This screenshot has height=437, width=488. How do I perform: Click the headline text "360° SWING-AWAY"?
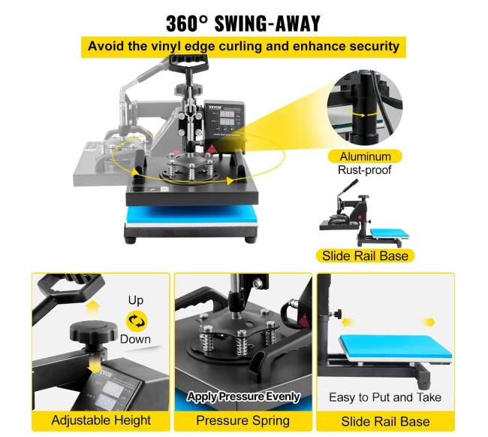point(243,23)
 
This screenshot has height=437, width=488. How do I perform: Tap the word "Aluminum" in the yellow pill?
point(365,156)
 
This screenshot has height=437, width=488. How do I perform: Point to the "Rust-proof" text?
point(364,170)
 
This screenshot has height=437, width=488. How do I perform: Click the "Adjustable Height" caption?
point(101,420)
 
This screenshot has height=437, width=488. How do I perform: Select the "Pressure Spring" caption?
point(242,420)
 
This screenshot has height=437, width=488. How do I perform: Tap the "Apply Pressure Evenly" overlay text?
point(243,396)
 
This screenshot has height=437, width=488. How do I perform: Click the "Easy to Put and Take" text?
point(385,397)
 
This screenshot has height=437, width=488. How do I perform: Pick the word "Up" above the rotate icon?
point(136,300)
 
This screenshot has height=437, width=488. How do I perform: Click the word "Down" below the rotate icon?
point(135,339)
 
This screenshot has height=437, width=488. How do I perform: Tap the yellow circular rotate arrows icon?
point(137,321)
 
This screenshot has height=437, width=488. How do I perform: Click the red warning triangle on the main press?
point(212,149)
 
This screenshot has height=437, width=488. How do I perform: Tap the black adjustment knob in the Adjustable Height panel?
point(93,332)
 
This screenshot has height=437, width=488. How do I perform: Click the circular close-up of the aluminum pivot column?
point(365,108)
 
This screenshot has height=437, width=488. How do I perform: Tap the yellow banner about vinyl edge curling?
point(243,47)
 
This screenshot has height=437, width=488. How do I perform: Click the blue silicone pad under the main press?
point(192,214)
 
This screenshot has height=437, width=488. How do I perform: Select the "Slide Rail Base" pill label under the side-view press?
point(365,256)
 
